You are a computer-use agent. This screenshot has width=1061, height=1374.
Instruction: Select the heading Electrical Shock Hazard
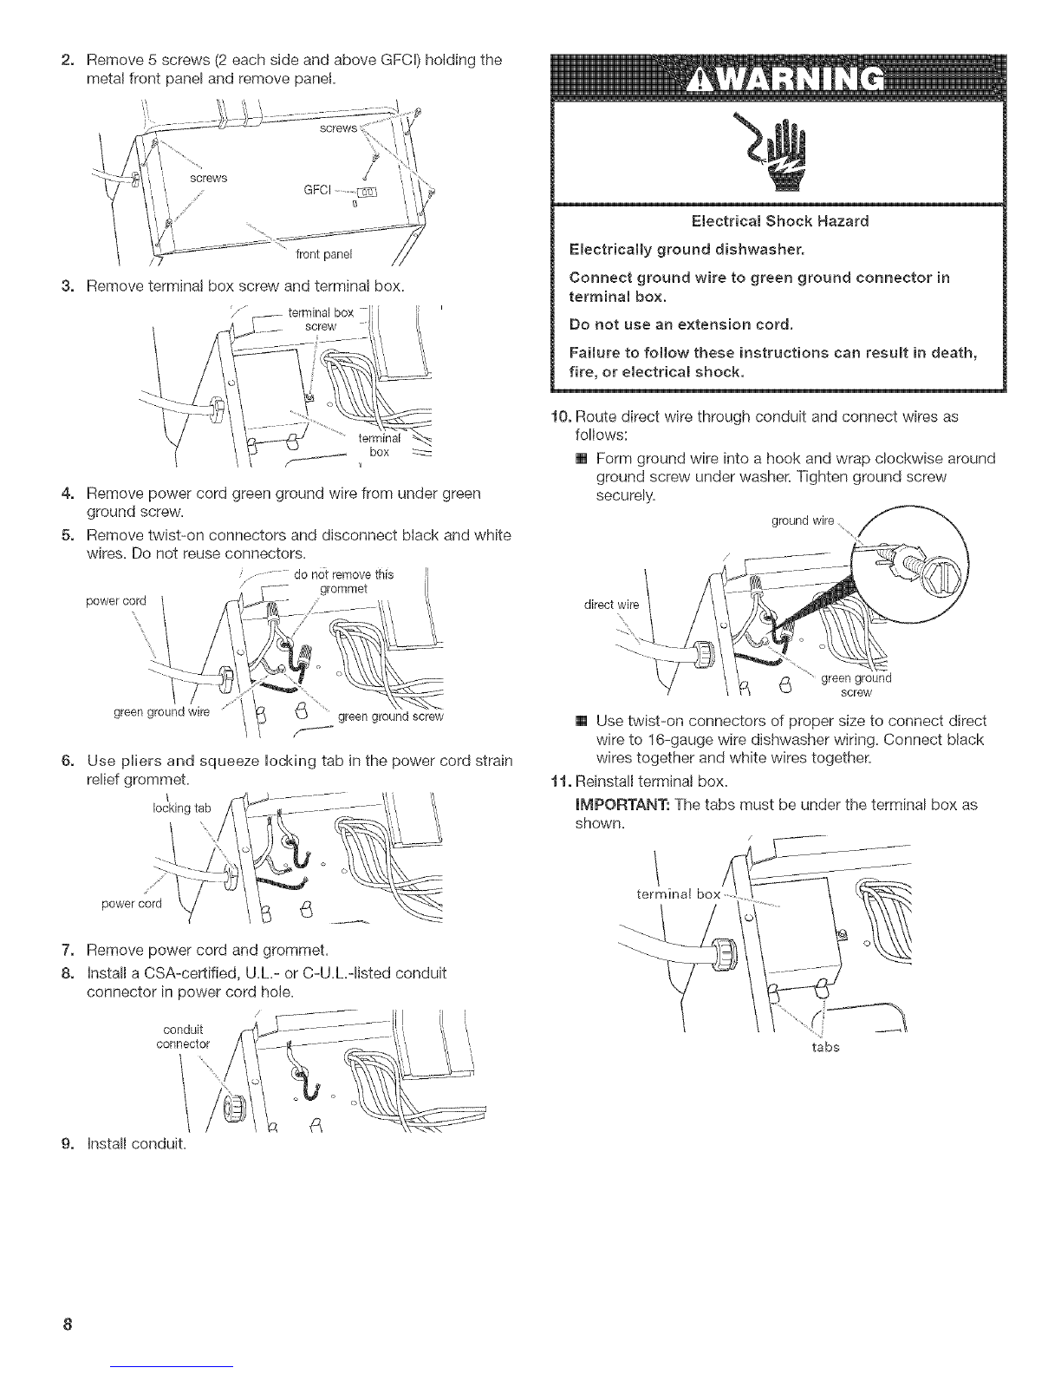coord(780,220)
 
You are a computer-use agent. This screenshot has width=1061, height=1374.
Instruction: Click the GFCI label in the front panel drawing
coord(317,189)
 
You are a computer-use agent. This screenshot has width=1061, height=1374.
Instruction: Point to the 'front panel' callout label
coord(323,254)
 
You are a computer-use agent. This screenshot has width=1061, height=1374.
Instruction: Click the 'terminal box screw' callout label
coord(321,319)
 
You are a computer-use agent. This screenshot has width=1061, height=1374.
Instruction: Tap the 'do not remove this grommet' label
coord(344,581)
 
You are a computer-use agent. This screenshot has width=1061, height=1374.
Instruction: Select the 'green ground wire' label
coord(161,712)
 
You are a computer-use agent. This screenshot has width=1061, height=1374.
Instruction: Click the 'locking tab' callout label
coord(181,808)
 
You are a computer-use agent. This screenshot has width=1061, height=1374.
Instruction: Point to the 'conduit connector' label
coord(183,1037)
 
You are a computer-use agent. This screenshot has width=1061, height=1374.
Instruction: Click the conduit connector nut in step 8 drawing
coord(234,1104)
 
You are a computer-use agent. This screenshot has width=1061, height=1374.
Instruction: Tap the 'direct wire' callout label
coord(611,605)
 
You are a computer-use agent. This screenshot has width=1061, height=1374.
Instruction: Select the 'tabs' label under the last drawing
coord(825,1047)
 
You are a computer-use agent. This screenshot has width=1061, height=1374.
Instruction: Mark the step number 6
coord(68,760)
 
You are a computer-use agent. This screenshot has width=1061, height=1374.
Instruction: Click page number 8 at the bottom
coord(68,1324)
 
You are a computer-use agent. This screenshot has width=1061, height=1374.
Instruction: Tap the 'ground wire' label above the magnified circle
coord(803,520)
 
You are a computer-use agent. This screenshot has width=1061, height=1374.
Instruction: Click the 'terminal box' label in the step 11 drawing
coord(678,894)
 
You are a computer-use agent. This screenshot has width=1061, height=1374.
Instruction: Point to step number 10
coord(561,416)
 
